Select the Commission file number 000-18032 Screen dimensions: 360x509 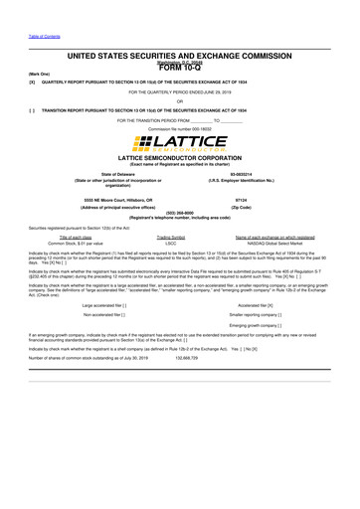[x=180, y=130]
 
